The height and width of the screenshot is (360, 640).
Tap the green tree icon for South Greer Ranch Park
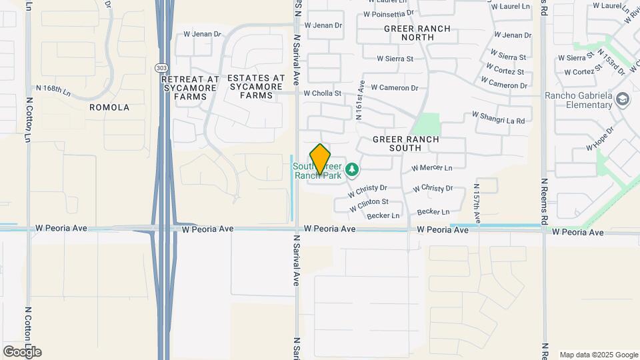click(x=352, y=171)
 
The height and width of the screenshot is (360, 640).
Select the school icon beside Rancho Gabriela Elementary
click(x=623, y=100)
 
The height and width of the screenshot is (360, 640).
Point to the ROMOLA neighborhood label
click(x=109, y=107)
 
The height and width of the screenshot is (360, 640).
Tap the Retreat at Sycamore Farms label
click(x=190, y=87)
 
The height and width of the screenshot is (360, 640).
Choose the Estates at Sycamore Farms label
click(x=250, y=87)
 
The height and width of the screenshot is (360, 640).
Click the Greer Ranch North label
click(x=417, y=33)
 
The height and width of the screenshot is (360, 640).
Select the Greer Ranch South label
click(x=405, y=144)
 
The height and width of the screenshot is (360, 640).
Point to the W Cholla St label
click(x=323, y=94)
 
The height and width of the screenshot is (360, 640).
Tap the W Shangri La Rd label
click(x=499, y=117)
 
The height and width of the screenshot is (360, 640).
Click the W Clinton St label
click(x=369, y=202)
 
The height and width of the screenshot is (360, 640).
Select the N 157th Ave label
click(x=477, y=203)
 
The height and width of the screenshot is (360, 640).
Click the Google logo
click(x=22, y=351)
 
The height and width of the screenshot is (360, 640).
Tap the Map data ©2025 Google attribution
click(x=599, y=355)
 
